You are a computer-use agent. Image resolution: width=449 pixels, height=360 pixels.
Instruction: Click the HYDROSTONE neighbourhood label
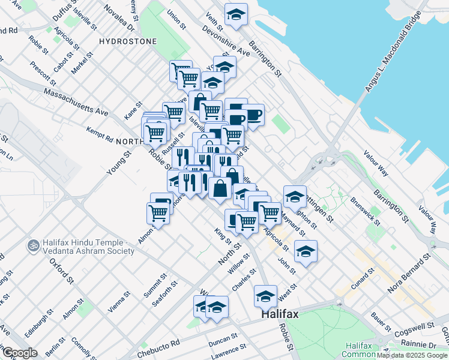tap(128, 41)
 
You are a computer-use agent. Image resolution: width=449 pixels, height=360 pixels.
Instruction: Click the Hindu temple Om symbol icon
tap(32, 246)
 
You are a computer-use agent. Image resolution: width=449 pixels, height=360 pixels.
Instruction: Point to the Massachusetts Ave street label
tap(76, 103)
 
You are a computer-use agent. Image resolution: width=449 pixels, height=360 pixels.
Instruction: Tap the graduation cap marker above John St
tap(306, 250)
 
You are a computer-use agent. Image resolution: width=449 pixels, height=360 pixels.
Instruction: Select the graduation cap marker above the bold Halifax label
tap(265, 295)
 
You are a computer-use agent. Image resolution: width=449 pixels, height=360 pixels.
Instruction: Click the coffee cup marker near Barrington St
tap(253, 114)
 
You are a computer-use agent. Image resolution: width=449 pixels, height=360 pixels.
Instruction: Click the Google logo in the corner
tap(20, 353)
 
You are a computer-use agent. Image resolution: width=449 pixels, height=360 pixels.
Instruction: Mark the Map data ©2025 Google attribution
tap(412, 355)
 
